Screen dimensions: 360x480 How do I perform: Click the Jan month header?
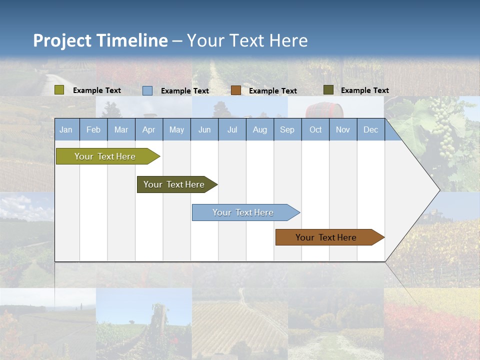[66, 130]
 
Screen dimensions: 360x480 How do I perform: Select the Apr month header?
[148, 130]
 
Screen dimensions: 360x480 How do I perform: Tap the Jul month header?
[232, 130]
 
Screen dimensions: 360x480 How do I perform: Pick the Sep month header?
[287, 130]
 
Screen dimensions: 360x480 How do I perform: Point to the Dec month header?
[370, 130]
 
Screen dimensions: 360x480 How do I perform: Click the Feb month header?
[93, 130]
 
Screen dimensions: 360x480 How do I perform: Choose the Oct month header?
[315, 130]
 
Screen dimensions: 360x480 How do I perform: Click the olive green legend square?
[59, 90]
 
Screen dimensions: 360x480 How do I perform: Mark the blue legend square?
[147, 90]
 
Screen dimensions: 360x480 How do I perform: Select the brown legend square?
[236, 90]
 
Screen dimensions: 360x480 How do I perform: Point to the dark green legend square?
[328, 90]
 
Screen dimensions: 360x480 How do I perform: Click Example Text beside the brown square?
[272, 91]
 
